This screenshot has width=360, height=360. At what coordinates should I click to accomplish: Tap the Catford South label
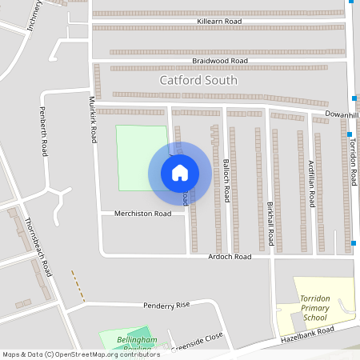click(198, 80)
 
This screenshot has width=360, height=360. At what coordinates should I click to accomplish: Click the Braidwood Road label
click(220, 60)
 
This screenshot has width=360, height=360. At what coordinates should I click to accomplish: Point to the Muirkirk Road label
click(93, 120)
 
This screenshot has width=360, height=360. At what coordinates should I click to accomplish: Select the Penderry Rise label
click(166, 305)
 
